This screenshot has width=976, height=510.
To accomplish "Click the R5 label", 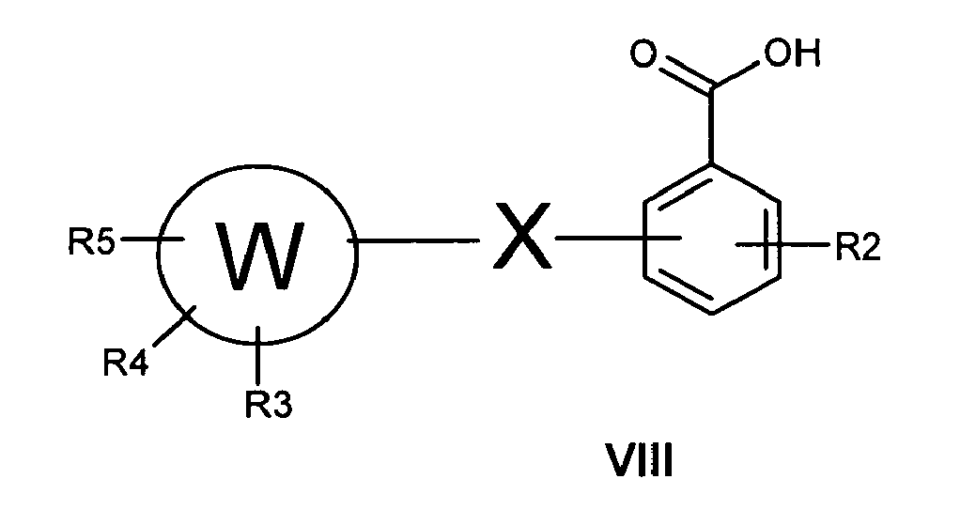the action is (91, 242).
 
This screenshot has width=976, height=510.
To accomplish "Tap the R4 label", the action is (127, 363).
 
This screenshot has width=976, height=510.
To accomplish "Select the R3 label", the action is (269, 405).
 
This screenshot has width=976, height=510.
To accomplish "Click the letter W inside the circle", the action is (259, 256).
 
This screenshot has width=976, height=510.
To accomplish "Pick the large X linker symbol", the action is (521, 236).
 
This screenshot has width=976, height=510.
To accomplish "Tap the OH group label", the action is (793, 54).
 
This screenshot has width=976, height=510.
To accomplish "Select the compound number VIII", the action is (639, 460).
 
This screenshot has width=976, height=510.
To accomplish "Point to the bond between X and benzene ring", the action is (618, 238).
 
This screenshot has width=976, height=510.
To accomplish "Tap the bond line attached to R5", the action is (150, 239).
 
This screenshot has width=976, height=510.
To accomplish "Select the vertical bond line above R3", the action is (258, 357).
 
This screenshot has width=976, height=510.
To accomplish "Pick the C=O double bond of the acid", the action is (686, 74).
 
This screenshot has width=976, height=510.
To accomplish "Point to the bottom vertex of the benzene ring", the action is (711, 313).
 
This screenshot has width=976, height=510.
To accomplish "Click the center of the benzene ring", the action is (711, 240).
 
